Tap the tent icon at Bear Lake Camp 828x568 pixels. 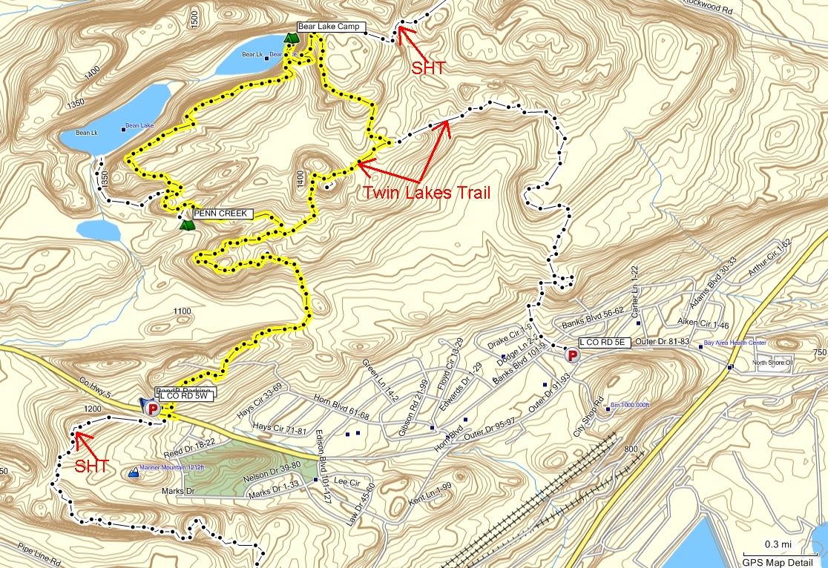click(290, 36)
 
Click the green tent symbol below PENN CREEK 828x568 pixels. click(185, 223)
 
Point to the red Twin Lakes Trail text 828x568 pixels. click(427, 193)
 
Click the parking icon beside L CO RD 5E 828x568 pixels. click(572, 356)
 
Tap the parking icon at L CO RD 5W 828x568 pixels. click(153, 408)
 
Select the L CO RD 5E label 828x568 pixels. click(604, 342)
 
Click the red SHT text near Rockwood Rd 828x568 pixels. click(428, 68)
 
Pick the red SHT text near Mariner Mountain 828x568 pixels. click(93, 466)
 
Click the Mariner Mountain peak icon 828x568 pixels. click(134, 471)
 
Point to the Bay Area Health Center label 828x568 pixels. click(735, 343)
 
